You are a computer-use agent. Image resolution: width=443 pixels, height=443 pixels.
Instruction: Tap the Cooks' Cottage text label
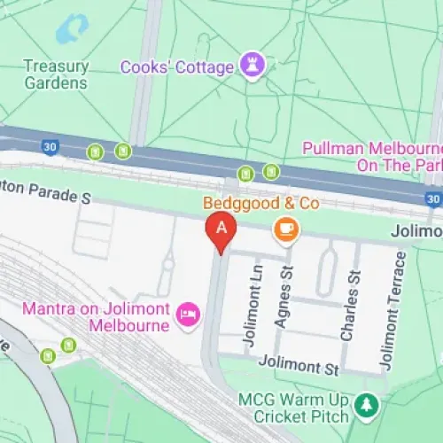[x=177, y=66]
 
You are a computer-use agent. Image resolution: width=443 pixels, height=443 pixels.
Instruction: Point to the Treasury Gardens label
[x=56, y=74]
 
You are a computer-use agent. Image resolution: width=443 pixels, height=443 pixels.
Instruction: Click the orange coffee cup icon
[x=286, y=229]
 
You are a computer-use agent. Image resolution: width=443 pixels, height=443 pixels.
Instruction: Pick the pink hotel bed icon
[x=188, y=315]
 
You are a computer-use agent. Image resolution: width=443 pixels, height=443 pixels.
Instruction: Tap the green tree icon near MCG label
[x=364, y=406]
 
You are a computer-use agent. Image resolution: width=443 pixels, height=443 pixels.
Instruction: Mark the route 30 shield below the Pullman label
[x=432, y=200]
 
